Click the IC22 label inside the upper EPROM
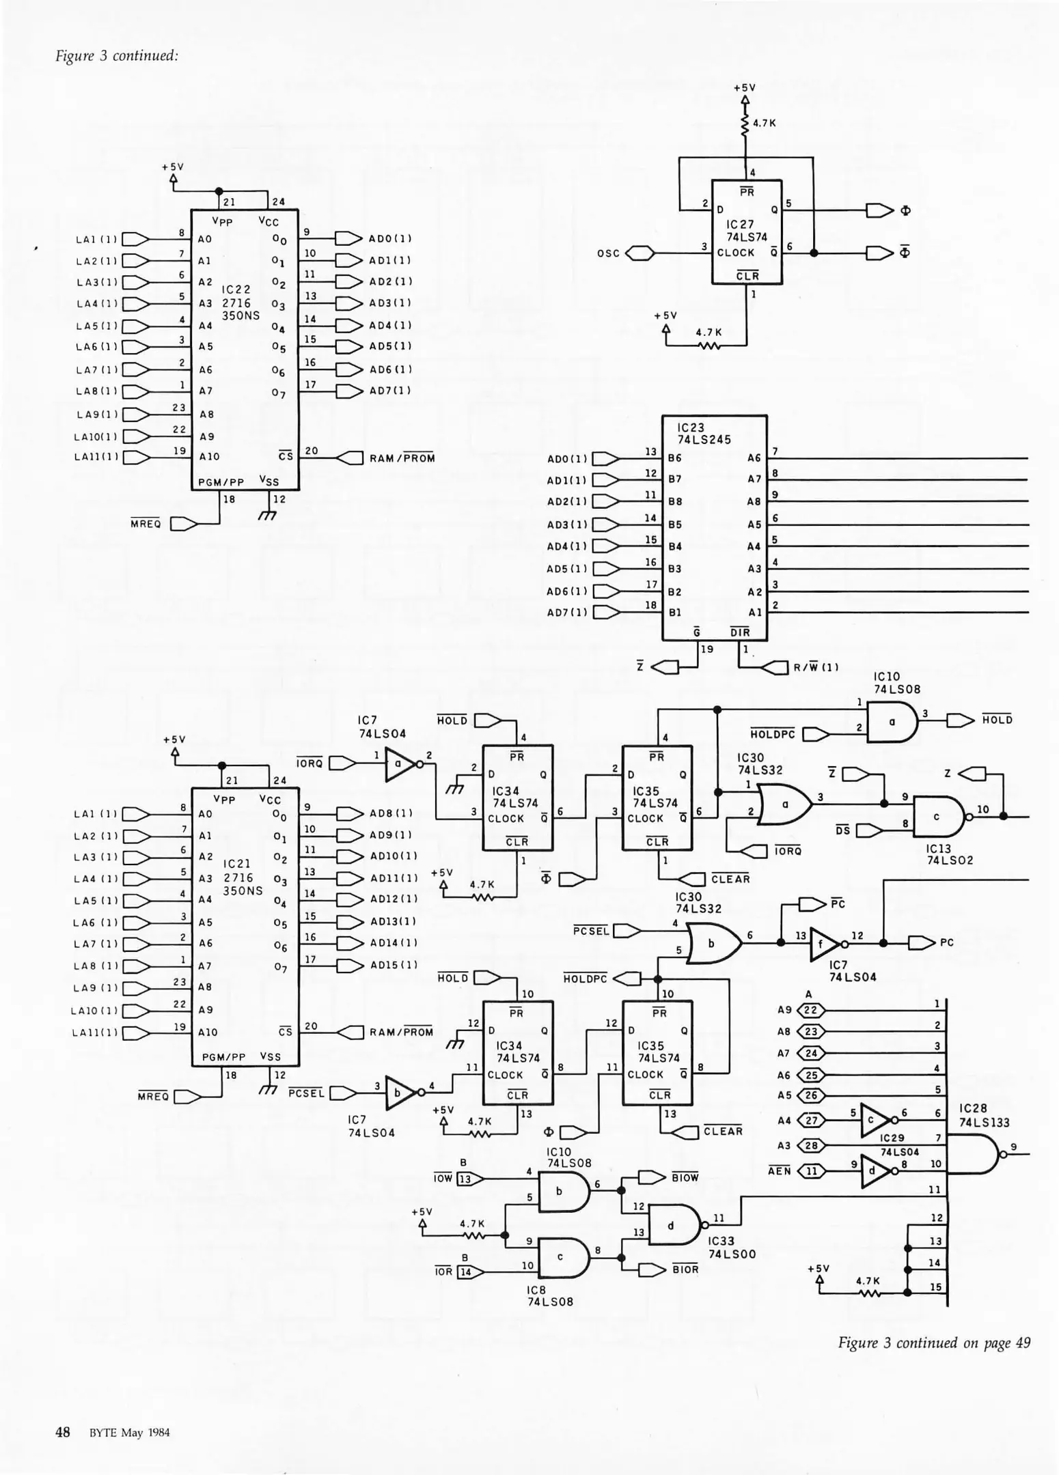tap(236, 290)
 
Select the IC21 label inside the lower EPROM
tap(238, 864)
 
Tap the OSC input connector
tap(639, 253)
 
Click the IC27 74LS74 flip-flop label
tap(746, 231)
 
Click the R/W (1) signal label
tap(815, 667)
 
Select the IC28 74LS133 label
tap(983, 1115)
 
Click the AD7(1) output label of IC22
tap(389, 391)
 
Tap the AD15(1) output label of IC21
tap(393, 965)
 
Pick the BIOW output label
tap(685, 1177)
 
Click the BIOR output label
tap(685, 1269)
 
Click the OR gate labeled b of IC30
tap(713, 943)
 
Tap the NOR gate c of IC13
tap(937, 817)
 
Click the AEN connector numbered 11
tap(811, 1171)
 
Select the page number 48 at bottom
tap(62, 1432)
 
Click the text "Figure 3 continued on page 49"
tap(933, 1343)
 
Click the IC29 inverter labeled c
tap(873, 1120)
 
